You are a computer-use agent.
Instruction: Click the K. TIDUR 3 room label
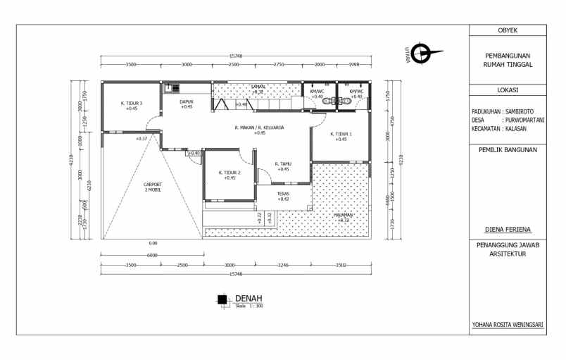(132, 103)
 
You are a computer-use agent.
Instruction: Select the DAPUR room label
(187, 101)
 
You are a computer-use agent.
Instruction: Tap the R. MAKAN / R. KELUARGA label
(259, 128)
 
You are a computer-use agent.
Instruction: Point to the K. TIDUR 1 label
(341, 134)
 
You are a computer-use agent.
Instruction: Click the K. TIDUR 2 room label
(229, 173)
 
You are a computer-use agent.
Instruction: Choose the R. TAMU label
(283, 163)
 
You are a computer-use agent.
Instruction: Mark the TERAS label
(283, 194)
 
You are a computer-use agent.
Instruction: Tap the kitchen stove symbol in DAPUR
(172, 88)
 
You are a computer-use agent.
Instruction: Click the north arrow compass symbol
(423, 53)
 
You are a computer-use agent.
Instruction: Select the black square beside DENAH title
(222, 299)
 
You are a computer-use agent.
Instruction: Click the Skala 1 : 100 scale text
(249, 306)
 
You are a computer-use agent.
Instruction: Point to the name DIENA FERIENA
(508, 229)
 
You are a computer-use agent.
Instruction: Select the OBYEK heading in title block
(508, 30)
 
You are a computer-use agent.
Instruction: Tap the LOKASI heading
(508, 90)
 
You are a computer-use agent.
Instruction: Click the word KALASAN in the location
(518, 129)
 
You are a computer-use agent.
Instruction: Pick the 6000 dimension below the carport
(153, 255)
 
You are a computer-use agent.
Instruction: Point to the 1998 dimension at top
(355, 64)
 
